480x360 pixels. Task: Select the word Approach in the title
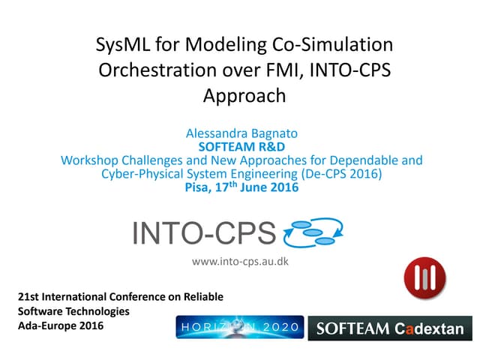(244, 95)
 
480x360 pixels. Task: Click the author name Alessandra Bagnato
(241, 134)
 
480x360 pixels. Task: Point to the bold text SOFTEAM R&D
(241, 148)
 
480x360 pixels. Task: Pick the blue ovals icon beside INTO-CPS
(314, 232)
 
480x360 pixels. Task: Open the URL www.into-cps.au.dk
(241, 261)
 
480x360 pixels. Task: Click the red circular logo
(424, 277)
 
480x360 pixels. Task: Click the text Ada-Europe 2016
(61, 325)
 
